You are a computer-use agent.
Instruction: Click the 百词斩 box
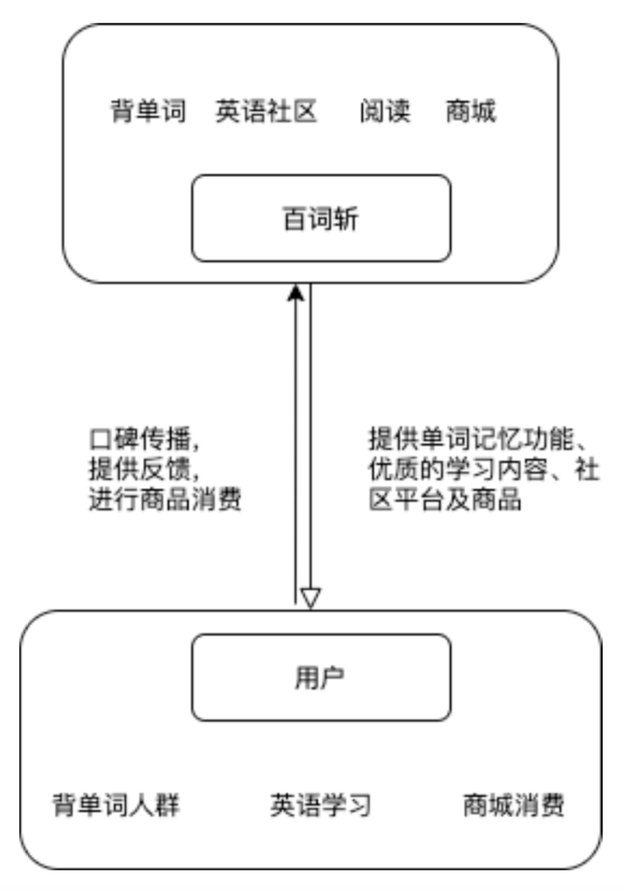(x=321, y=218)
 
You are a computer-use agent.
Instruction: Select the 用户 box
(x=321, y=677)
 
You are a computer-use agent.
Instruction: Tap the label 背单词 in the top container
(x=148, y=111)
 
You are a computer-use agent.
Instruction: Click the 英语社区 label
(x=266, y=111)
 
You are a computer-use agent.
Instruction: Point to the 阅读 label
(x=385, y=111)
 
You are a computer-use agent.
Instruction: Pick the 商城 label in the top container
(x=470, y=111)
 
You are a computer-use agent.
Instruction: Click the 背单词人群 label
(x=116, y=805)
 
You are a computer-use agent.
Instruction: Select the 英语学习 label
(x=321, y=805)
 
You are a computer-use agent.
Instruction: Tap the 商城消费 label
(x=513, y=805)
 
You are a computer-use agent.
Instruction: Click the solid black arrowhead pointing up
(x=295, y=292)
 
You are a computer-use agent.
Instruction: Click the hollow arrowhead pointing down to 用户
(x=310, y=599)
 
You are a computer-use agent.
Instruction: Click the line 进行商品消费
(x=165, y=499)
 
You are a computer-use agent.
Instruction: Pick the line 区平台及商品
(x=445, y=499)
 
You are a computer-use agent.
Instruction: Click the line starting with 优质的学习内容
(x=484, y=470)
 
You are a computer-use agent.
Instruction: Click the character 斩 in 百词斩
(x=346, y=219)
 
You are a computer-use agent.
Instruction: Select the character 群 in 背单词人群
(x=168, y=805)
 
